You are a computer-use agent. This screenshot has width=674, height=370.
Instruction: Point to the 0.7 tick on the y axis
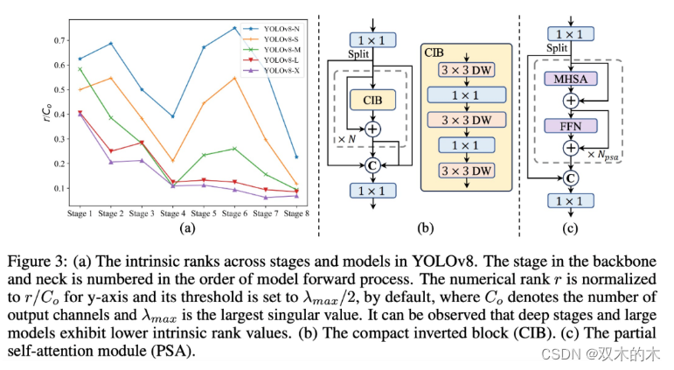[x=59, y=40]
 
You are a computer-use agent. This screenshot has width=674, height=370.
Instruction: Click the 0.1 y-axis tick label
[x=59, y=188]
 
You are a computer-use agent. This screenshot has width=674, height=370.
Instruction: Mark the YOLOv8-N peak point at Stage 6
[x=234, y=28]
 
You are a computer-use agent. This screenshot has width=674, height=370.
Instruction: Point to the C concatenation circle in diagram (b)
[x=373, y=164]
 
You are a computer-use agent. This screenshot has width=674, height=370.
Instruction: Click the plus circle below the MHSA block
[x=570, y=101]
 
